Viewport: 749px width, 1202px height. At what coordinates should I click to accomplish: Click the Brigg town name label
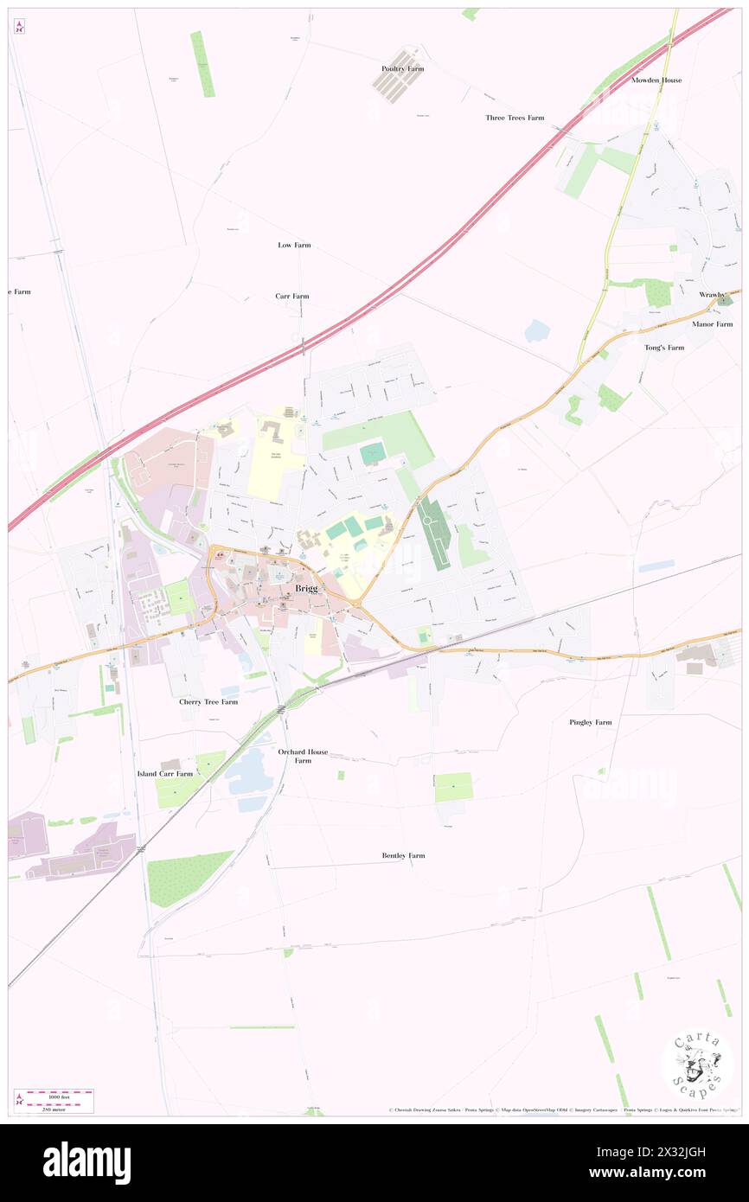[306, 588]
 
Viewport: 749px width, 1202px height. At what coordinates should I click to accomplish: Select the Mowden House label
[656, 80]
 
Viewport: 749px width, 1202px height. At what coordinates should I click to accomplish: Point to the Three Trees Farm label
[515, 118]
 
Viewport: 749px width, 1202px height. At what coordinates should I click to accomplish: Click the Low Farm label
[294, 246]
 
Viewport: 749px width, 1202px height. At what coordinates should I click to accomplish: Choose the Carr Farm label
[292, 297]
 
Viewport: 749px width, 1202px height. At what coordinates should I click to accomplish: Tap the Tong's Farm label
[664, 348]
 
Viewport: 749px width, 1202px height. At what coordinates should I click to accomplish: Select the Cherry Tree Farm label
[208, 702]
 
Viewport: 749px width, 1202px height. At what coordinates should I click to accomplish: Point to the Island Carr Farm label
[165, 773]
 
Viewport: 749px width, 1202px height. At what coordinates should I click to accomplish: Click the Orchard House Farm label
[303, 757]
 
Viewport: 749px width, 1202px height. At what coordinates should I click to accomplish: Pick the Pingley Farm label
[591, 722]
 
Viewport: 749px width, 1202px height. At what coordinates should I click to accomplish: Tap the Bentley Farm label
[403, 856]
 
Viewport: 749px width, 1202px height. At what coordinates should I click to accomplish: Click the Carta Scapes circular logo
[697, 1066]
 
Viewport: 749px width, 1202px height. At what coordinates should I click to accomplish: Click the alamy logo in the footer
[86, 1162]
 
